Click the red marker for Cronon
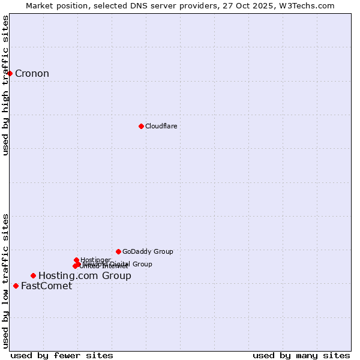coord(10,73)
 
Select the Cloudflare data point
coord(141,126)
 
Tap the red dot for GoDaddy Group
coord(118,251)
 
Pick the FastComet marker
coord(16,286)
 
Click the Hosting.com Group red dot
coord(33,275)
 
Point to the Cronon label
coord(32,74)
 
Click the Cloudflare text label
coord(161,126)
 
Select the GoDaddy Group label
coord(148,251)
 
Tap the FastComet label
coord(46,286)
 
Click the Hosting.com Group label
coord(85,276)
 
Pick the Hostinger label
coord(95,260)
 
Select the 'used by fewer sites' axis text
coord(62,356)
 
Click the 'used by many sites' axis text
coord(301,356)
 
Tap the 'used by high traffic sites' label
coord(5,86)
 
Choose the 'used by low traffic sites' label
coord(5,280)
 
